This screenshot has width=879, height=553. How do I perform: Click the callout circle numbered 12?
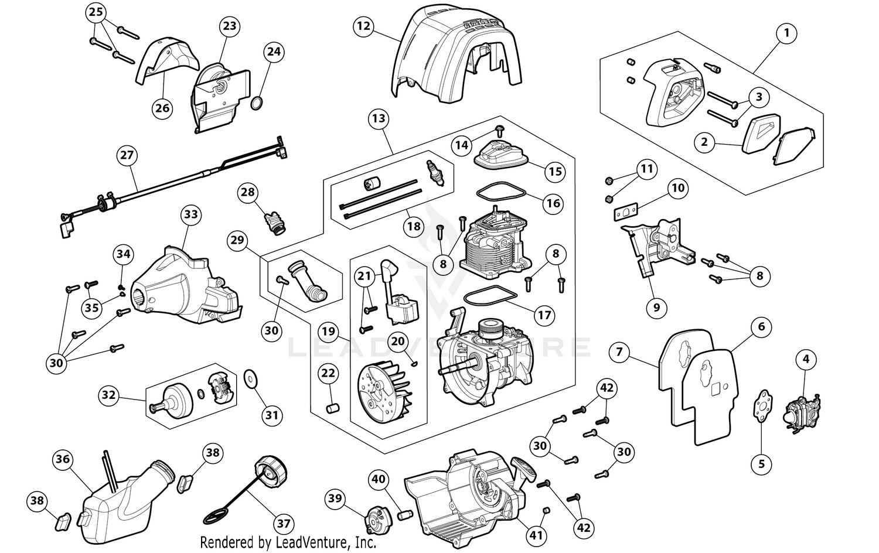point(363,26)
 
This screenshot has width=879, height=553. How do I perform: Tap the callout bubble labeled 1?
point(786,33)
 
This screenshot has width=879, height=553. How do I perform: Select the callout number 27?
point(127,156)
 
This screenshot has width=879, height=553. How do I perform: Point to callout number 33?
point(191,215)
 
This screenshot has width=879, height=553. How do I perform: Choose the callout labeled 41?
point(537,534)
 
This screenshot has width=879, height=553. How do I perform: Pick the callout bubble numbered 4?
point(806,359)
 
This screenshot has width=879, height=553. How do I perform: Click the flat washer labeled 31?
point(251,380)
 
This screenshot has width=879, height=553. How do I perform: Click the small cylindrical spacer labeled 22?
point(331,407)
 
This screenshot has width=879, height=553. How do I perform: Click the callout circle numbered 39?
point(335,499)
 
